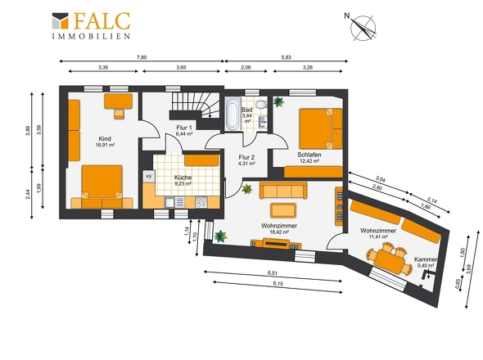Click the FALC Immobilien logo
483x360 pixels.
click(x=91, y=25)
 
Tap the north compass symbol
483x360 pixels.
click(x=362, y=27)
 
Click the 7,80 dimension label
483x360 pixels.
click(x=142, y=57)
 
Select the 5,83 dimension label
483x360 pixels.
click(x=286, y=57)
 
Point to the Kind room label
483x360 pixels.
click(x=105, y=138)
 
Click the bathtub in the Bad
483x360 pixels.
click(x=232, y=114)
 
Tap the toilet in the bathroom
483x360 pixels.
click(x=261, y=104)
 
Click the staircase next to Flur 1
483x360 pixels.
click(x=196, y=106)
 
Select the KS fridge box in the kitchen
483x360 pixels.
click(x=149, y=177)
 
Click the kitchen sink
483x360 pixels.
click(x=174, y=202)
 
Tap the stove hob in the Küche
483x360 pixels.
click(x=201, y=202)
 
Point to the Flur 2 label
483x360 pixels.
click(x=246, y=157)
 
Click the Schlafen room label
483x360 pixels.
click(x=309, y=155)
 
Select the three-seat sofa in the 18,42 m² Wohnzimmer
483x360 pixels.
click(x=283, y=190)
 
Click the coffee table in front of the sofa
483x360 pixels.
click(x=283, y=210)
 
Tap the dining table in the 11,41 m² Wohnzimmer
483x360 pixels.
click(x=390, y=261)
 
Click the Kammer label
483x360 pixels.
click(x=425, y=259)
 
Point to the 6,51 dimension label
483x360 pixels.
click(x=273, y=272)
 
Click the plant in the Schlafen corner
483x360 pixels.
click(x=278, y=101)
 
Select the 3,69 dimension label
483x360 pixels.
click(x=468, y=269)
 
